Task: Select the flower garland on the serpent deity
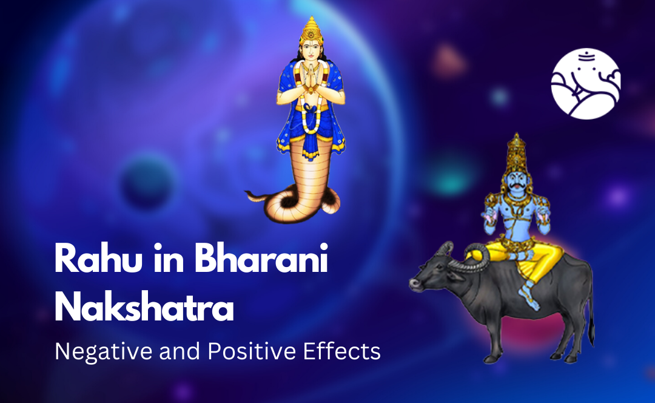point(311,112)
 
